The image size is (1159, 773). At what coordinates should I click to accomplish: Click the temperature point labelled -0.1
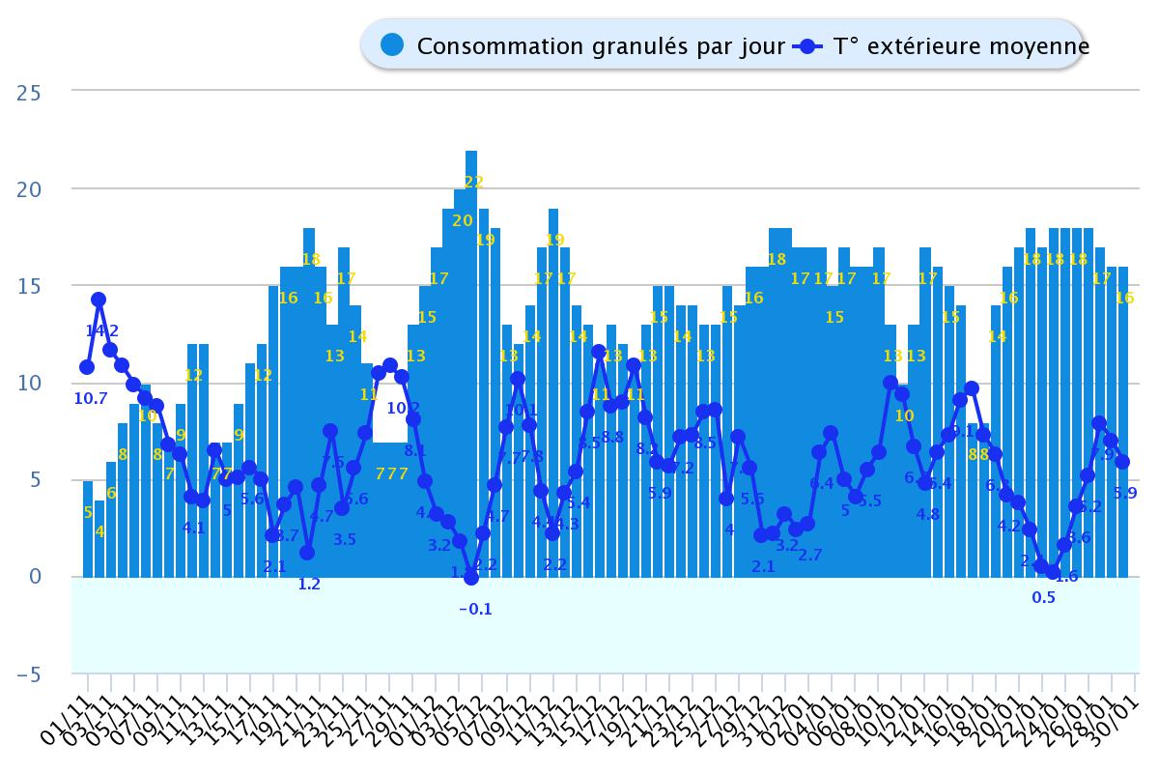click(x=471, y=578)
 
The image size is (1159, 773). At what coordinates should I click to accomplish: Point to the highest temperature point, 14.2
click(x=99, y=300)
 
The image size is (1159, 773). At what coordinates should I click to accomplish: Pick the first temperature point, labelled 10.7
click(x=87, y=367)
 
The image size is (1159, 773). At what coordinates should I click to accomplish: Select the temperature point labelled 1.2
click(x=307, y=553)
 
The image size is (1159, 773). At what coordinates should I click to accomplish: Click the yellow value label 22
click(x=473, y=182)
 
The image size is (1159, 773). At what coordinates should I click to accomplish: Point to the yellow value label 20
click(x=463, y=220)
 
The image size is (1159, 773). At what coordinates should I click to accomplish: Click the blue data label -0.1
click(x=474, y=609)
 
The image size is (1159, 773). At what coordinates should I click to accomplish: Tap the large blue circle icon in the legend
click(x=392, y=45)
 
